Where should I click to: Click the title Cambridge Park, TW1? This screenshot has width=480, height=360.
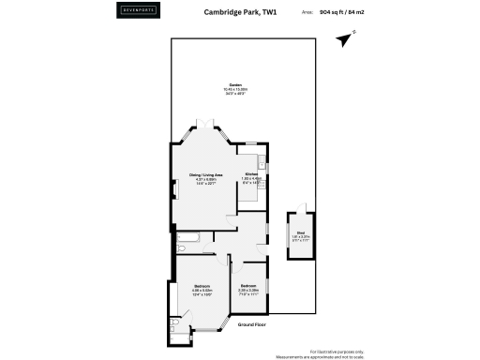241,13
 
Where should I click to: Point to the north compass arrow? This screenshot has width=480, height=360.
352,39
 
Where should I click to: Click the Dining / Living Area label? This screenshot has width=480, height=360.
206,178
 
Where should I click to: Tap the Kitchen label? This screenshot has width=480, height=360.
251,178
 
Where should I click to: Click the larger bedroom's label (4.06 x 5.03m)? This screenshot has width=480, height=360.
202,289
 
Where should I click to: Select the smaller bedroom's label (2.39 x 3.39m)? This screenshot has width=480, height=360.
248,289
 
